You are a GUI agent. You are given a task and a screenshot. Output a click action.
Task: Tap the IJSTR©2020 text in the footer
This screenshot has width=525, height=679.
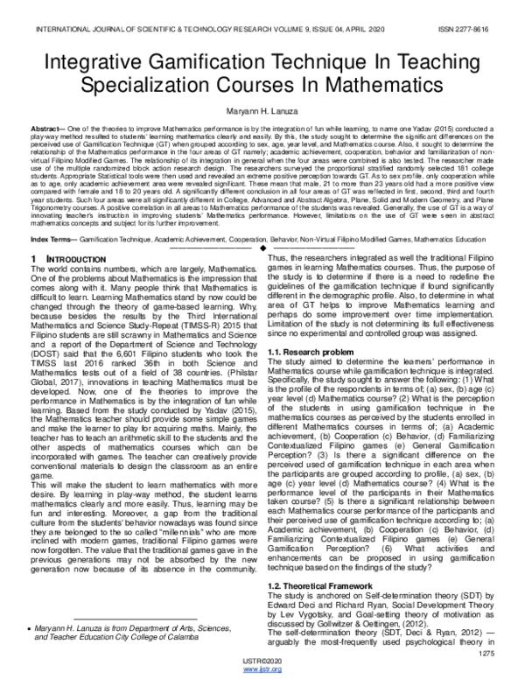[262, 661]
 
